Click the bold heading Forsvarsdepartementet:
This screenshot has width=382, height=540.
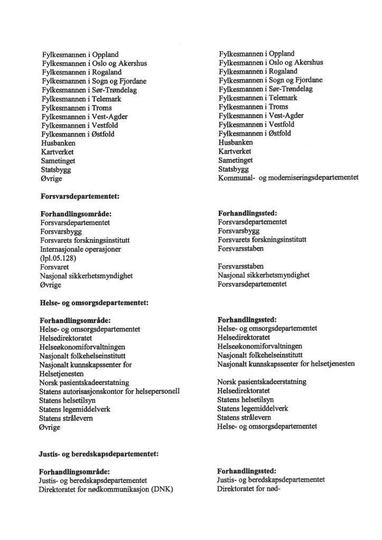80,197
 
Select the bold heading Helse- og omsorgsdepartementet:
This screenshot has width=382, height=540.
93,303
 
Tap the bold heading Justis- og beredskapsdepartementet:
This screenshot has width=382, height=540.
99,453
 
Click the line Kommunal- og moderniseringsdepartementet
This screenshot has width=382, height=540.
288,178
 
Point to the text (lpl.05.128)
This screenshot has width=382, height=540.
58,259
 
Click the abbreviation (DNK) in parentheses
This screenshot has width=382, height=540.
162,489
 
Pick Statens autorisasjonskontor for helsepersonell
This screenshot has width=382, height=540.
109,391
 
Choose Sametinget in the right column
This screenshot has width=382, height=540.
236,160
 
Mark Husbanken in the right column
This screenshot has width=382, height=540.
236,143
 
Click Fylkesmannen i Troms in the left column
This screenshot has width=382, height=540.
77,108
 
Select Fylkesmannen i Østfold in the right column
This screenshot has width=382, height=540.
255,134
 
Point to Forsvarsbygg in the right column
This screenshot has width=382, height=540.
238,231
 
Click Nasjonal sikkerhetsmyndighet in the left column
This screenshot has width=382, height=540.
86,276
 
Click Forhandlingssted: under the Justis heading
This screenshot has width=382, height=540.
247,470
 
